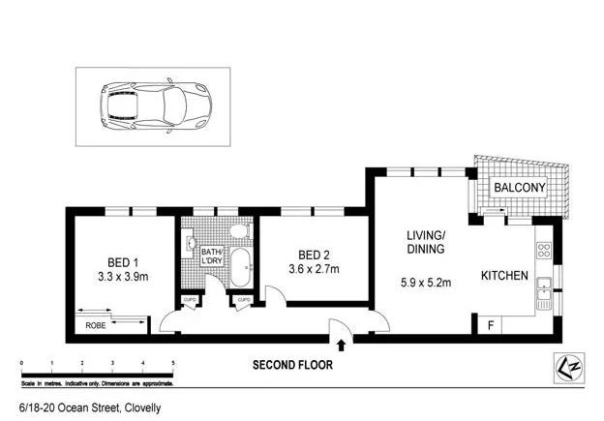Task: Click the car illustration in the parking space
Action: click(x=153, y=101)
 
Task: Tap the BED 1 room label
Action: click(x=123, y=261)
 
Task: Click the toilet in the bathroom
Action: click(x=239, y=233)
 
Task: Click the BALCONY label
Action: click(x=520, y=187)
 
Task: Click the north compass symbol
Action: click(x=566, y=368)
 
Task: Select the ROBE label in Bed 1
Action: click(x=96, y=326)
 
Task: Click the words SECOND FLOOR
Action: click(x=292, y=366)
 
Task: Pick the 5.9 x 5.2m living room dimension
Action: click(x=425, y=285)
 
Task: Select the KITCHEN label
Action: click(x=504, y=276)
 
